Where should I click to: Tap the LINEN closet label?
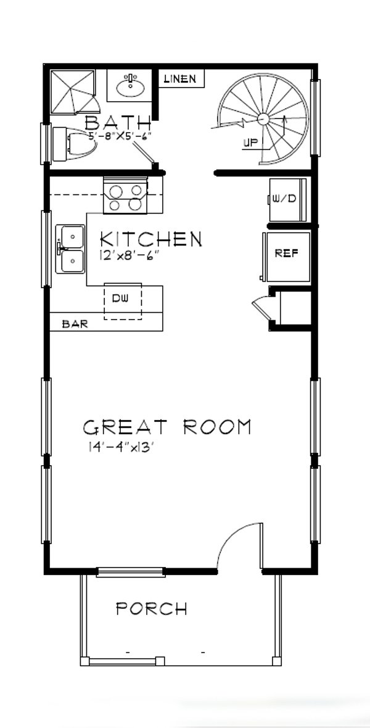[180, 79]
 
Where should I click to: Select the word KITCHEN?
[150, 239]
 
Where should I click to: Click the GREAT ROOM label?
[167, 427]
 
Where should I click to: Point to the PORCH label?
[152, 610]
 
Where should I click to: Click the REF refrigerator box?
[286, 254]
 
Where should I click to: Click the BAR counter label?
[75, 324]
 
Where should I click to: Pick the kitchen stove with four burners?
[126, 196]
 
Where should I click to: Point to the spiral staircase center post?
[262, 118]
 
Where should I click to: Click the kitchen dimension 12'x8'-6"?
[128, 254]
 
